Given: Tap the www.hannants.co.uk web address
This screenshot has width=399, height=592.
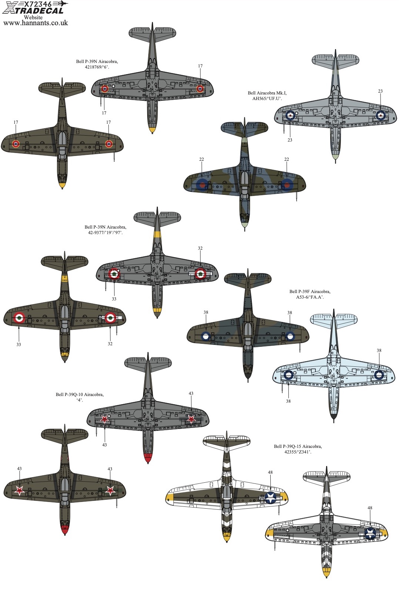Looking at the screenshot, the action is pos(35,23).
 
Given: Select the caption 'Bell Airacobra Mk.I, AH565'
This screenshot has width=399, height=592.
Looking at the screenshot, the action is pos(267,96).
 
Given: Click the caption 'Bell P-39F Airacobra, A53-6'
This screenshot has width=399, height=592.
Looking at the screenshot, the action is pos(310,294).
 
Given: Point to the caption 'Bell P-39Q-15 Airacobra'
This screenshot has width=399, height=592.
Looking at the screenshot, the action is pos(298,449).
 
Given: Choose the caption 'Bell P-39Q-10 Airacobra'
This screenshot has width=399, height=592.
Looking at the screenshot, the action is pos(80,397).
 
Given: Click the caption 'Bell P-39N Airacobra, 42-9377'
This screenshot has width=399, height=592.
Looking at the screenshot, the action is pos(105,230).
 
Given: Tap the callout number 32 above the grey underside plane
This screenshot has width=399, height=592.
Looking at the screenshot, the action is pos(200,249).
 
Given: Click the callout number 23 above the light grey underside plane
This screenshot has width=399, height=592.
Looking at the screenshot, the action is pos(380,91).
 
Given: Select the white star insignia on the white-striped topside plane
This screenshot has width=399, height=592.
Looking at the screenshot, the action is pos(271,498).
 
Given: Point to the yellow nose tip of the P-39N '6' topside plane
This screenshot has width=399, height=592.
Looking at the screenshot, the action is pos(62,184).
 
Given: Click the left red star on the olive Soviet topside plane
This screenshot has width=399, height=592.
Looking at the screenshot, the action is pos(20,490).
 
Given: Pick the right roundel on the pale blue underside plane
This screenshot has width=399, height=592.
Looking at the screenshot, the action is pos(379,375).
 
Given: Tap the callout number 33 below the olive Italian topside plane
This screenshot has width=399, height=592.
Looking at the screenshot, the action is pos(18,344).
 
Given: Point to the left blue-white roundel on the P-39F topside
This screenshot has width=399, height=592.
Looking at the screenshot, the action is pos(206,336).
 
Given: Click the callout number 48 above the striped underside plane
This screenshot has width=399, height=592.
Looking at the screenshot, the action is pos(370,508).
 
